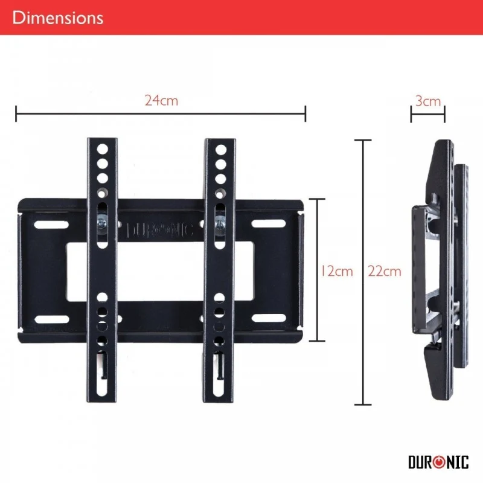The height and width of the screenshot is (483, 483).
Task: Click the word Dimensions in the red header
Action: (57, 18)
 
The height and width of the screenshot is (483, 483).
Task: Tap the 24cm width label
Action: (161, 101)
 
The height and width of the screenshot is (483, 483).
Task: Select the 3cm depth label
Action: (428, 101)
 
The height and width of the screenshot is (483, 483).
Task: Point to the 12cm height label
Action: (336, 271)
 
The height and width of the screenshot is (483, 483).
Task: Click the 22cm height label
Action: (385, 271)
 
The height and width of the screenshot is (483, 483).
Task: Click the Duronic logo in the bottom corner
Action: (438, 462)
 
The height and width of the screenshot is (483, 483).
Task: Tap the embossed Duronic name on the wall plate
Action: (160, 230)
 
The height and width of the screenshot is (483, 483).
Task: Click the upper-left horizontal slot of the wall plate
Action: (51, 225)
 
